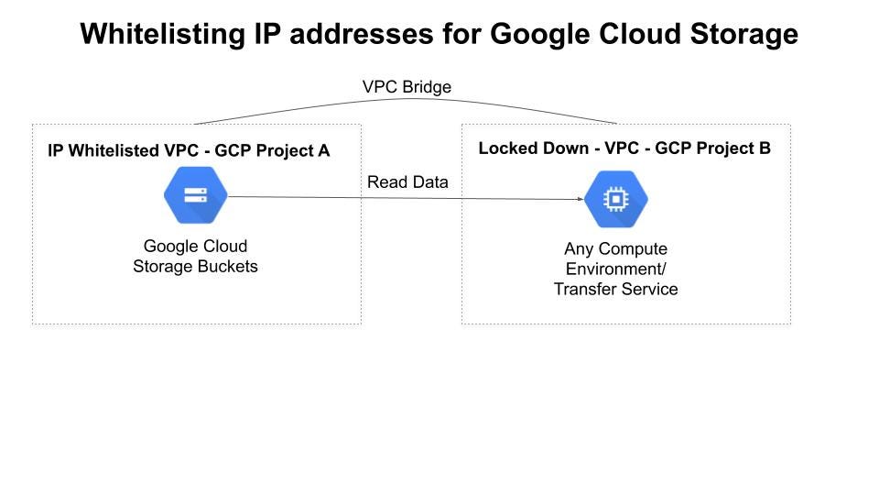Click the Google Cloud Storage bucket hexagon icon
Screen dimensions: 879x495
point(195,195)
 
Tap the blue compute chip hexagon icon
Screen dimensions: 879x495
point(616,199)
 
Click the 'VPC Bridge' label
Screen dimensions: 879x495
point(407,87)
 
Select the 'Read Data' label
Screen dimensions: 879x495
point(407,182)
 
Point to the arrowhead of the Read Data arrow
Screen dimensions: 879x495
point(580,199)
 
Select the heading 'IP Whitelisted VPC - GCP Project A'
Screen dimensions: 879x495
point(189,150)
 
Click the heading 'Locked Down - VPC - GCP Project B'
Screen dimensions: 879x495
point(624,148)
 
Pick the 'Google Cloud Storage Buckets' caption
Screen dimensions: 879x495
point(195,257)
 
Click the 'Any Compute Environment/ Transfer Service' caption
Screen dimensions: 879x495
point(616,269)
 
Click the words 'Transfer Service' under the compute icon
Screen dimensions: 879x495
point(616,289)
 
